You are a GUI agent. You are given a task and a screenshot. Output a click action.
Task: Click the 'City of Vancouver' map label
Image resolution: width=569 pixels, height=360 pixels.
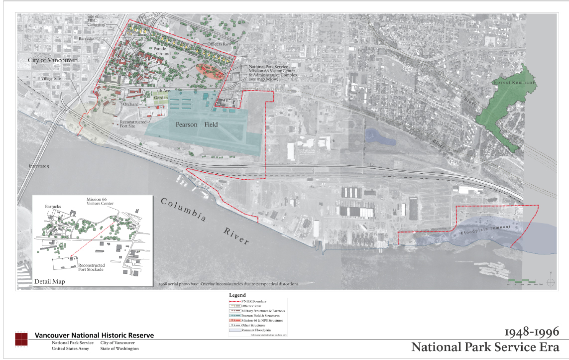coord(52,60)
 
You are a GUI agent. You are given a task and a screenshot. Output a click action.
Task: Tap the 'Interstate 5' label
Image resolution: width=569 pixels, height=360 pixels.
coord(39,165)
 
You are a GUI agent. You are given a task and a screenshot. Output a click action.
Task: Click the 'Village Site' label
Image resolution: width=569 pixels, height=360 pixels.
coord(50,79)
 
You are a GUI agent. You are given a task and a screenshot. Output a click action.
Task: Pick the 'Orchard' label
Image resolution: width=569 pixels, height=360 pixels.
coord(131,104)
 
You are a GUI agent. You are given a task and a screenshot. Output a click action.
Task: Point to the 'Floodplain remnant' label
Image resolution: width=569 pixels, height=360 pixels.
coord(485,230)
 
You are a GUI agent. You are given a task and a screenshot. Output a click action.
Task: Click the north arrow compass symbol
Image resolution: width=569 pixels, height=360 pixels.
coord(550,282)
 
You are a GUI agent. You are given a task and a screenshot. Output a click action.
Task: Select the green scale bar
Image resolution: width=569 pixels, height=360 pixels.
coord(521,281)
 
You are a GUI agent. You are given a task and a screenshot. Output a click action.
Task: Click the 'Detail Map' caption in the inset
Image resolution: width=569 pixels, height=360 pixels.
coord(49,282)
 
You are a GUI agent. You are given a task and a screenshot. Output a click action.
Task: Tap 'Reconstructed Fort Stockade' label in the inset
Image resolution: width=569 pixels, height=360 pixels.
coord(91,267)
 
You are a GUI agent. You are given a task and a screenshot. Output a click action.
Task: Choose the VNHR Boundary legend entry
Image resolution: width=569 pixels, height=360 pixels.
coord(254,301)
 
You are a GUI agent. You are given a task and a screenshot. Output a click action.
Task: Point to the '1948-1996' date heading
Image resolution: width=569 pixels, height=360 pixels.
coord(531,332)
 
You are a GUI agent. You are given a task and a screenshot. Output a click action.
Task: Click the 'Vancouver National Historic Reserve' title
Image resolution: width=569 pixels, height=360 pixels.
coord(94,335)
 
